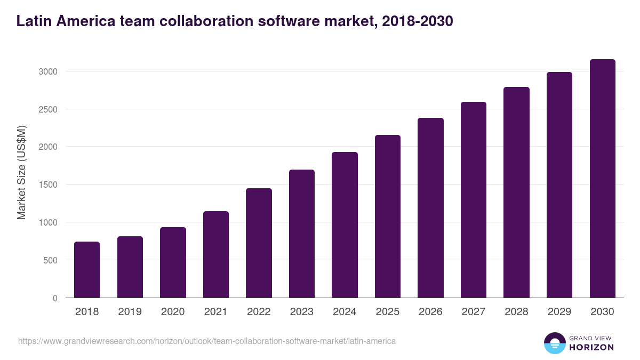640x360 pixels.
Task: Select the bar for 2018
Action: coord(87,270)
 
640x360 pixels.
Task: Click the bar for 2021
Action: coord(216,254)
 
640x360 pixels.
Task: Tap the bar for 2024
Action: coord(345,225)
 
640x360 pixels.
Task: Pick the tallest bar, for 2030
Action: coord(602,179)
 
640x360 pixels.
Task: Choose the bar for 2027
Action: coord(474,200)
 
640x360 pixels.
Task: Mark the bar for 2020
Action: coord(173,262)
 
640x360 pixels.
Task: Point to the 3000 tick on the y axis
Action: coord(48,71)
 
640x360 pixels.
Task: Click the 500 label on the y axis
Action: coord(51,260)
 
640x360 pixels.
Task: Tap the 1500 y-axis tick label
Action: coord(48,185)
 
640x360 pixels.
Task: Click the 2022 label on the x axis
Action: coord(259,312)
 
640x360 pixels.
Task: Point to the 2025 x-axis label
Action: coord(388,312)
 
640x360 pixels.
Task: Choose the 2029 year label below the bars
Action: coord(559,312)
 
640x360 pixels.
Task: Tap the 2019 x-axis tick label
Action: coord(130,312)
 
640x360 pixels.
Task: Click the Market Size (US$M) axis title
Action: coord(22,173)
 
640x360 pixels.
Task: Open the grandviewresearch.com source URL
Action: coord(207,341)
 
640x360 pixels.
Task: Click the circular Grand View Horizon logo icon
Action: coord(554,343)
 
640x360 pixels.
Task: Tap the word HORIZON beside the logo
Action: coord(591,347)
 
